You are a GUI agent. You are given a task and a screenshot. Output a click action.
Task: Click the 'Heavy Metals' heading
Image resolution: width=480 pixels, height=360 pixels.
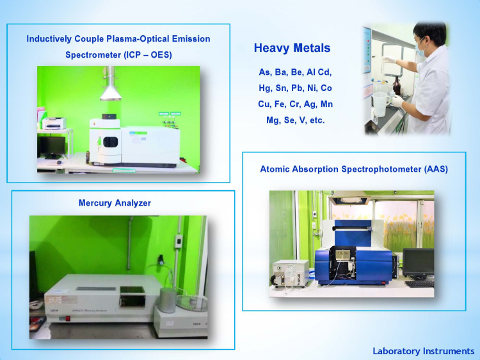[292, 48]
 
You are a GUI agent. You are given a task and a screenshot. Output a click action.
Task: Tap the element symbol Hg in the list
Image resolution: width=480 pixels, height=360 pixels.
[265, 88]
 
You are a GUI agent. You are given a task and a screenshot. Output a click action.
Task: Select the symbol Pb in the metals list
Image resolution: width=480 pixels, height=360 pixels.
[297, 88]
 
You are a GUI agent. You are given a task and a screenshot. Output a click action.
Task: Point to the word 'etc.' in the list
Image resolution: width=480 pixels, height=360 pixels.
[317, 120]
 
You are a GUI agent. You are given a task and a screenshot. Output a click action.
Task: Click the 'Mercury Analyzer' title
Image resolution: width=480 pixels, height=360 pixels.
[115, 203]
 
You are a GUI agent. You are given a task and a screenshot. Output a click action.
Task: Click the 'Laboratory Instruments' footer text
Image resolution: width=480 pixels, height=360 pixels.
[424, 351]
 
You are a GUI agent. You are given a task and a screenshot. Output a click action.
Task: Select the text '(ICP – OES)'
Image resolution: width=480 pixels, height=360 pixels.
[148, 55]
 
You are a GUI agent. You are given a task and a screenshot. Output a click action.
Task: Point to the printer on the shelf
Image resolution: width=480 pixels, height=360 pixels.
[54, 123]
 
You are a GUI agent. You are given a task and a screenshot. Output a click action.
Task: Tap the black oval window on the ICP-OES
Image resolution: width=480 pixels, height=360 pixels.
[111, 142]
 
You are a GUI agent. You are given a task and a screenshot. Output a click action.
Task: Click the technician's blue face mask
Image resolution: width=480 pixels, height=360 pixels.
[421, 50]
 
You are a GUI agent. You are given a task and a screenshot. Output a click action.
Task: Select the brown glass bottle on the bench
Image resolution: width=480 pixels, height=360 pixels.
[397, 86]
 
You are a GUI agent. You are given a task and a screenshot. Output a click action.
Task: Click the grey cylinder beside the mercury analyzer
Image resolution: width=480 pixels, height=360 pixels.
[168, 300]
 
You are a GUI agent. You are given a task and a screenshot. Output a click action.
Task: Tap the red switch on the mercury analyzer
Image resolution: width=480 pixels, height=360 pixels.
[68, 318]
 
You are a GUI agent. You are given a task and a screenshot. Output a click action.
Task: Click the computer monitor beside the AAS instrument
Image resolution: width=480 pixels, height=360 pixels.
[418, 263]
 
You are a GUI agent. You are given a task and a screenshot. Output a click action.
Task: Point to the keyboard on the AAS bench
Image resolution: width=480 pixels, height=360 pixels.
[419, 284]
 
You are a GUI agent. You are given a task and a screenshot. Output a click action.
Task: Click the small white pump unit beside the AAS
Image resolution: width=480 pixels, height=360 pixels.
[290, 274]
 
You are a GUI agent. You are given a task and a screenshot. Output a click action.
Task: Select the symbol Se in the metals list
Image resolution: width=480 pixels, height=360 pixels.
[289, 120]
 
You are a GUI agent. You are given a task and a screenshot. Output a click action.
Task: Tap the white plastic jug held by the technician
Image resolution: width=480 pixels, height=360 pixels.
[380, 104]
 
